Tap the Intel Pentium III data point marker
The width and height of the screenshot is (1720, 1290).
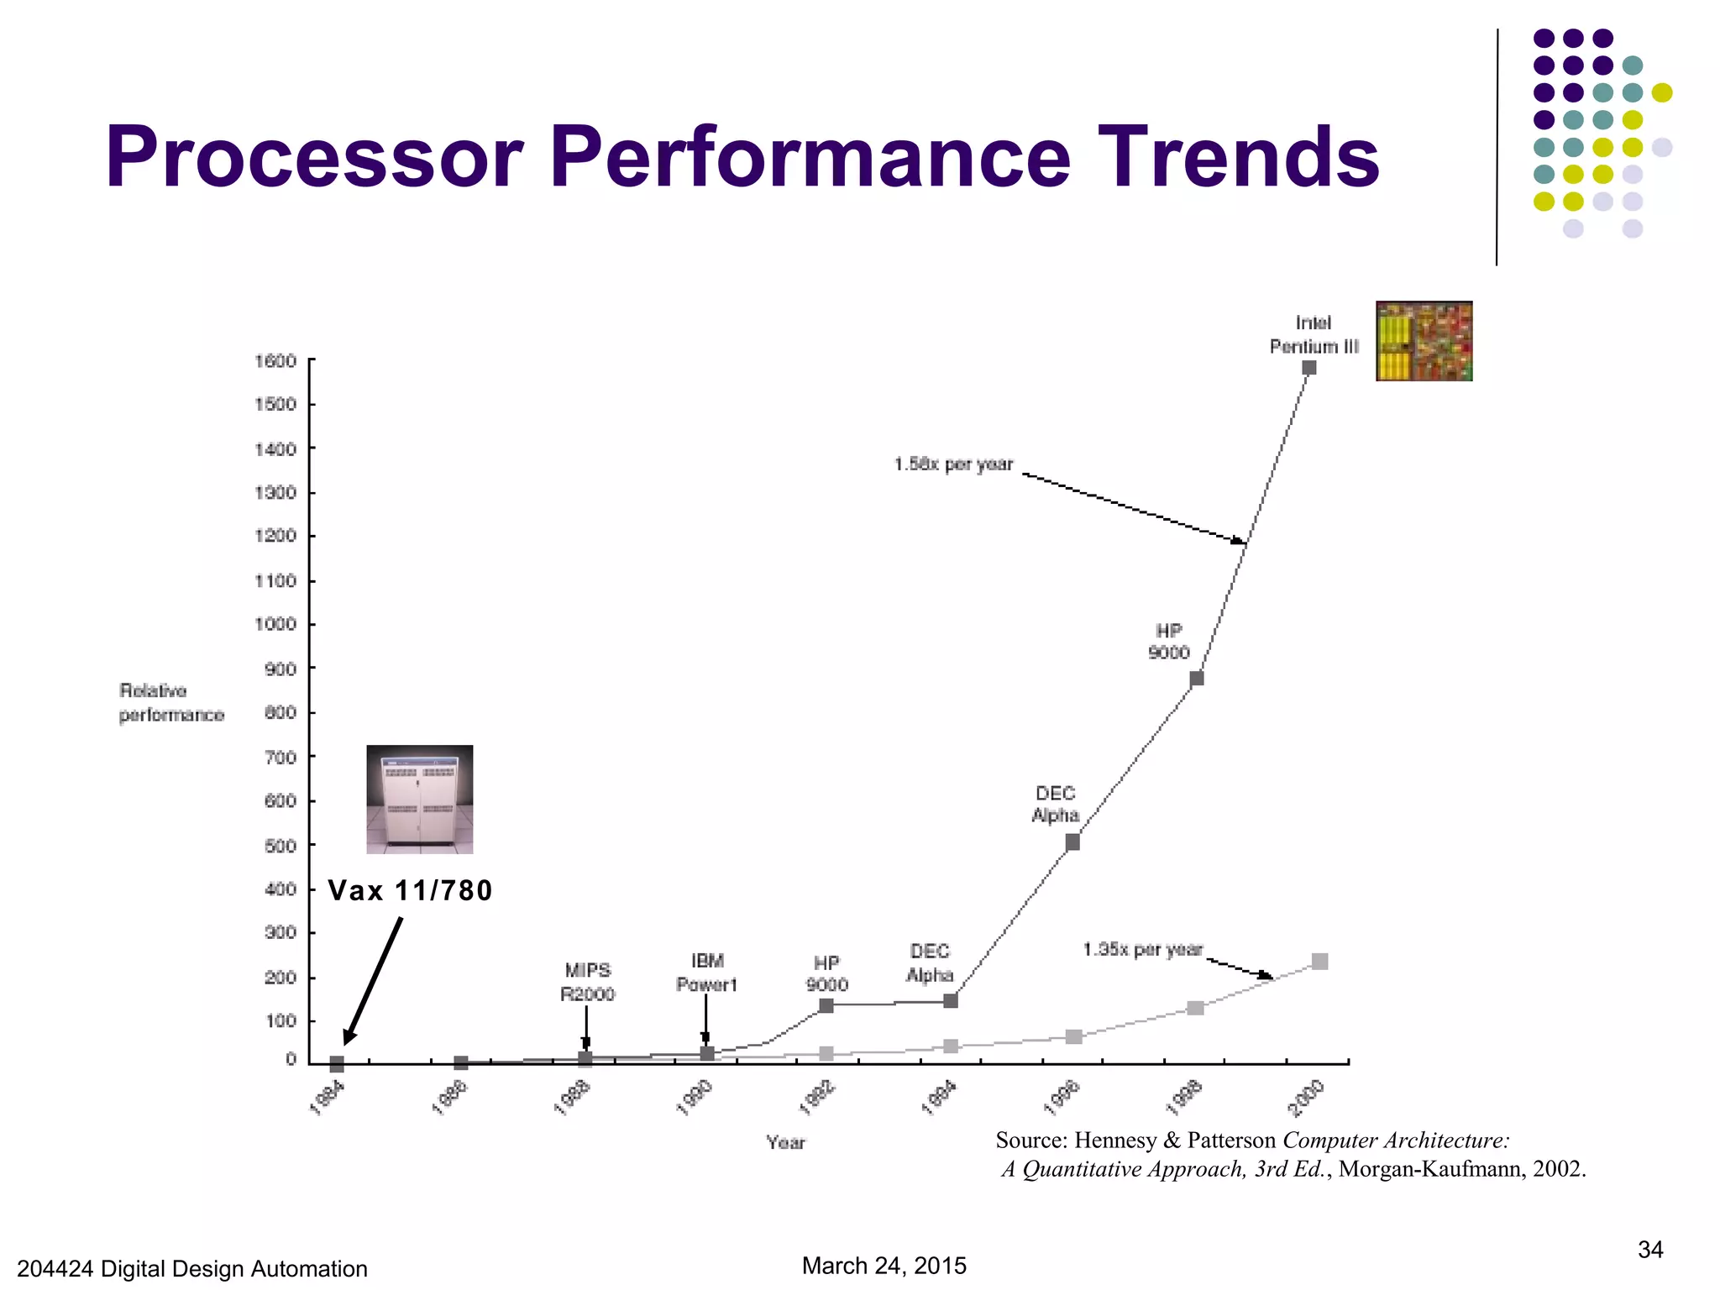(1308, 368)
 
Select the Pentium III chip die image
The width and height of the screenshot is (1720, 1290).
(1424, 341)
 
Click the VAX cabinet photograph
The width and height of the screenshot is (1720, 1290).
(420, 799)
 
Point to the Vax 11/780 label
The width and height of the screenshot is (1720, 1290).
(410, 890)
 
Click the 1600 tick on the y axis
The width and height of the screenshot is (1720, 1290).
(276, 361)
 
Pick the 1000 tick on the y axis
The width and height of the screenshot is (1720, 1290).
(276, 624)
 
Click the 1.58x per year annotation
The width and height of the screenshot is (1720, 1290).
(953, 464)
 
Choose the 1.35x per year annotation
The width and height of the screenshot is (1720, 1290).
(1143, 950)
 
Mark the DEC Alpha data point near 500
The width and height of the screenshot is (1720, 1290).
(1072, 842)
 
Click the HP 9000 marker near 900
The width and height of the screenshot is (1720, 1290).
(1197, 678)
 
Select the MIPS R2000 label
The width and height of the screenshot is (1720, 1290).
(588, 982)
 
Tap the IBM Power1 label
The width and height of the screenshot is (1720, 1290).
(707, 973)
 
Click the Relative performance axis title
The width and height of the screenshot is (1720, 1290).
(171, 703)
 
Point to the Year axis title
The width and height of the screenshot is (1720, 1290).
(785, 1142)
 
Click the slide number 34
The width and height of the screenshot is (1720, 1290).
(1649, 1250)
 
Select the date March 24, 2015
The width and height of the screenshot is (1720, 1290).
(884, 1266)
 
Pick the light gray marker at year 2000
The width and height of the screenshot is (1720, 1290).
(1319, 962)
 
